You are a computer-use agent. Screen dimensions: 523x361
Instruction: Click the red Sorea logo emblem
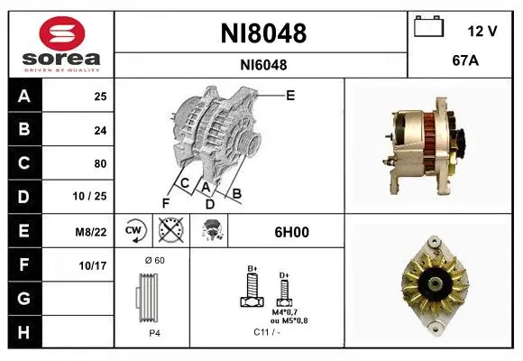[x=62, y=33]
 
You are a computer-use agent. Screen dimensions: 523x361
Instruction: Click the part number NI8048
[x=263, y=33]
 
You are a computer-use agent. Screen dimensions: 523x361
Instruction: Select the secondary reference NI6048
[x=263, y=65]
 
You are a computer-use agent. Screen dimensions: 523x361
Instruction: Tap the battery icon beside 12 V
[x=428, y=26]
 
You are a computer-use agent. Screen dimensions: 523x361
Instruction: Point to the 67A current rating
[x=465, y=60]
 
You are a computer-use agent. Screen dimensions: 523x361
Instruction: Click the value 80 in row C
[x=100, y=163]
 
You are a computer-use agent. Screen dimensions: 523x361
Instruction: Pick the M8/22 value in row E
[x=91, y=232]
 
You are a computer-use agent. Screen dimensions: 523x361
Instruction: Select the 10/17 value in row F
[x=93, y=266]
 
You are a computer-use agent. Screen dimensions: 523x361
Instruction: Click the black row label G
[x=25, y=299]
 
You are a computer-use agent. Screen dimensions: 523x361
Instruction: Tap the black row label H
[x=25, y=332]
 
